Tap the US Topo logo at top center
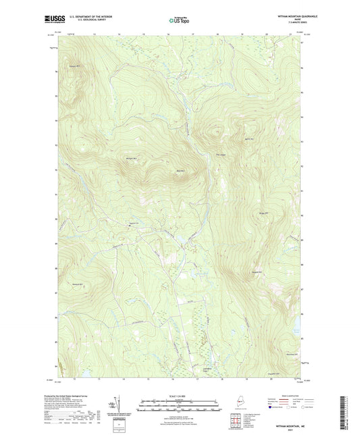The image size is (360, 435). point(179,21)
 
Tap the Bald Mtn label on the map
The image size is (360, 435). point(180,171)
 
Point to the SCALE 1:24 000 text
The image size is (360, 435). point(180,397)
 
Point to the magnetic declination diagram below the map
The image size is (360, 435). point(115,405)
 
